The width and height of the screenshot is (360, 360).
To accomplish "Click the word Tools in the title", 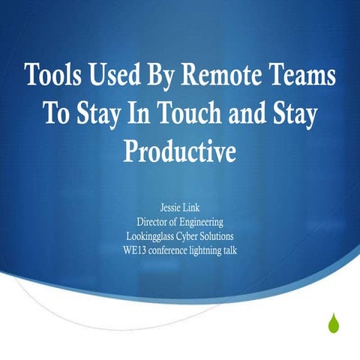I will coord(53,76).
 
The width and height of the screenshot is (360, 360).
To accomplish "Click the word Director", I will coord(152,222).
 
